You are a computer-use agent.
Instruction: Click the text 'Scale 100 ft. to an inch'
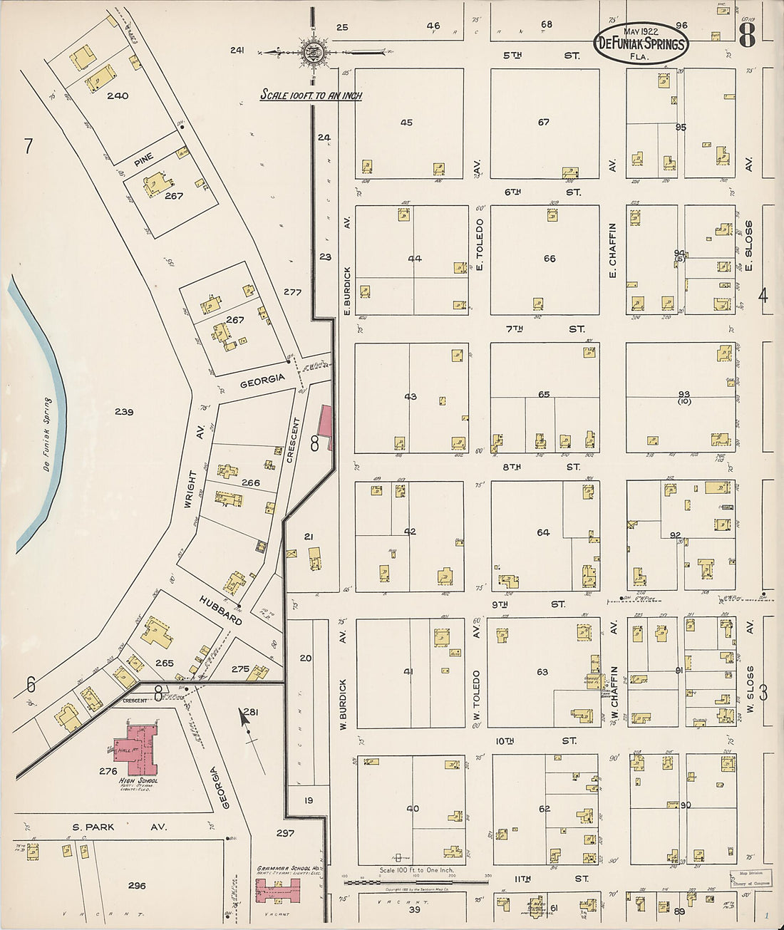[x=311, y=95]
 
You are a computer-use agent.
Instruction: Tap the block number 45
[x=406, y=123]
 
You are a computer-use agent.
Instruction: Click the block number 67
[x=544, y=123]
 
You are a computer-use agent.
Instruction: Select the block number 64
[x=543, y=532]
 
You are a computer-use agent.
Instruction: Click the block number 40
[x=413, y=809]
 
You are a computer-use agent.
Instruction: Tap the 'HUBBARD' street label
[x=221, y=610]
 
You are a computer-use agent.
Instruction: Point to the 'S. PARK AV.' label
[x=119, y=827]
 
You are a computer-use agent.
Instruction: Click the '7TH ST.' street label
[x=545, y=329]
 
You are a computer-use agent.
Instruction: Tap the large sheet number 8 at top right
[x=746, y=34]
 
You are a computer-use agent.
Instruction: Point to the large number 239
[x=124, y=412]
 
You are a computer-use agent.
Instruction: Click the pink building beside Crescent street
[x=326, y=428]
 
